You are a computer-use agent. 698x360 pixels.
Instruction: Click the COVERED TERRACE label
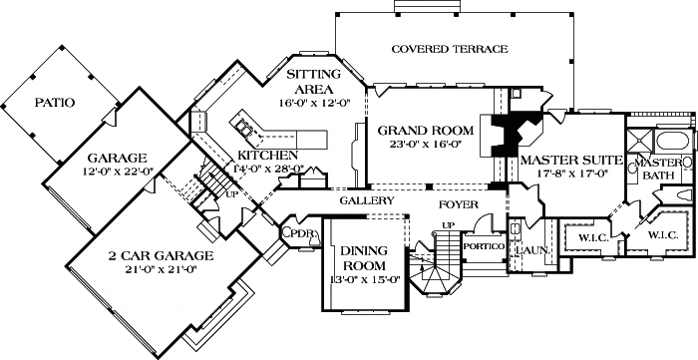click(x=449, y=48)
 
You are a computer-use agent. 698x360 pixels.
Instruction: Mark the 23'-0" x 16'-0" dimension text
click(x=419, y=145)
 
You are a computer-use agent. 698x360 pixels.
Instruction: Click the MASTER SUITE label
click(x=564, y=160)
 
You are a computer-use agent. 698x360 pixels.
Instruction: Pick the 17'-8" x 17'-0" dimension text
click(x=564, y=174)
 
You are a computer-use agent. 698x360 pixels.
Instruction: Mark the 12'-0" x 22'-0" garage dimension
click(x=116, y=173)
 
